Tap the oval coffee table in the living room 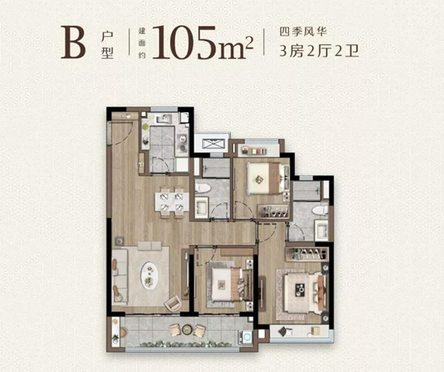(150, 274)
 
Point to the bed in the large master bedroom (300, 286)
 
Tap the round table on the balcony (192, 329)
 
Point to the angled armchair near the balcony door (173, 304)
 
